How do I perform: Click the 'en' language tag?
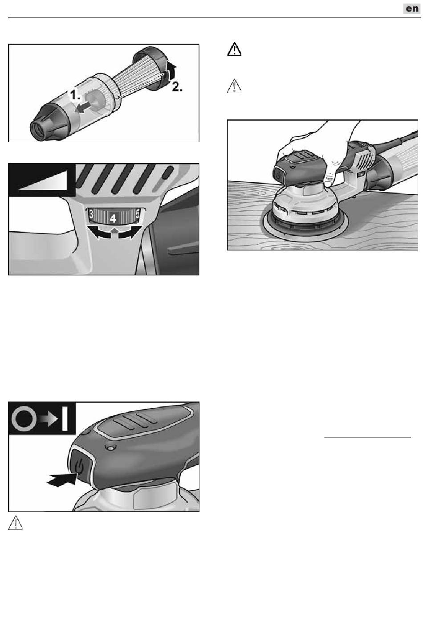click(412, 8)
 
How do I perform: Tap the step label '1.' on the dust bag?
click(75, 95)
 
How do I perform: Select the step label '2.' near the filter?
click(177, 87)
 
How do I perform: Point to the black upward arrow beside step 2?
click(172, 70)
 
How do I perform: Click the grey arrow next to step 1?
click(82, 107)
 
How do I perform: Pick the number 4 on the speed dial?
click(113, 219)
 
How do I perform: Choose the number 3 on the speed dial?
click(91, 214)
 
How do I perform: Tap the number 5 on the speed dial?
click(138, 214)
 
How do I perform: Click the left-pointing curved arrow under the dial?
click(99, 232)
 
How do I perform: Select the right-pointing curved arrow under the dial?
click(127, 232)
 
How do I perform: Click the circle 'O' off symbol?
click(24, 418)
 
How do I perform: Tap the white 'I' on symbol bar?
click(65, 418)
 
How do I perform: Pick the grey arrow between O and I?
click(48, 418)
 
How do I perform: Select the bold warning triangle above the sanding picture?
click(234, 49)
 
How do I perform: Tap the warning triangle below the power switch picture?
click(16, 523)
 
